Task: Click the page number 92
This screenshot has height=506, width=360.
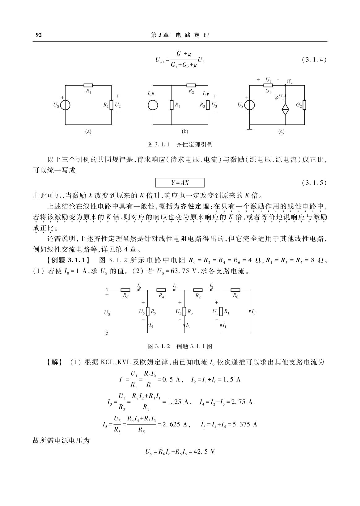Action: pos(39,35)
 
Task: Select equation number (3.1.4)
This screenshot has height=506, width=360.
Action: pos(314,60)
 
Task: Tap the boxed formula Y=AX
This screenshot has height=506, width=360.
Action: pos(180,183)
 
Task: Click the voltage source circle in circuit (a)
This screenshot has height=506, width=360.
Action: pos(65,105)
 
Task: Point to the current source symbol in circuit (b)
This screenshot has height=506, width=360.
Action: pos(153,105)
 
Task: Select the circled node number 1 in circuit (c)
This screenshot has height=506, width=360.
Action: pos(290,82)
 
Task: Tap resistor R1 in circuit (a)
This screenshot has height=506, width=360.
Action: pos(88,86)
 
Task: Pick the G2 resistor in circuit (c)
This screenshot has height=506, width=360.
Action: pos(304,105)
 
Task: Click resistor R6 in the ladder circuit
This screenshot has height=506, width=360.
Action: pos(125,290)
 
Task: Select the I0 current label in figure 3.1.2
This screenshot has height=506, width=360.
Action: pos(254,312)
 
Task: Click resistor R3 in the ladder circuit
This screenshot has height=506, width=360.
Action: pos(184,312)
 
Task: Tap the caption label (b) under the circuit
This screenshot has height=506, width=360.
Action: pos(185,132)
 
